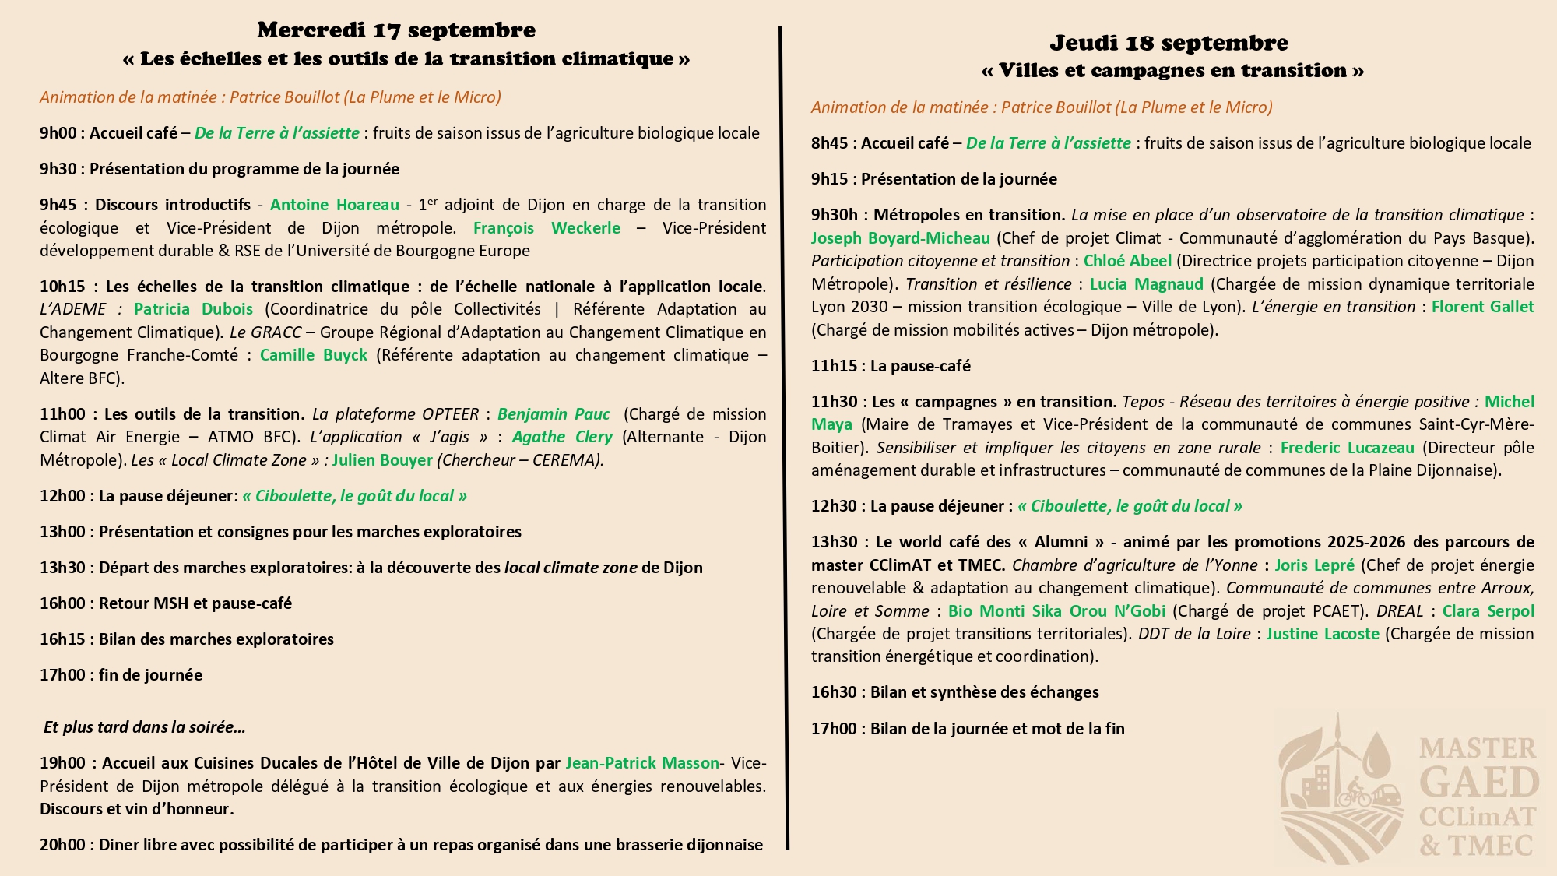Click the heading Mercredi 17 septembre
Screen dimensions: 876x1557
[x=396, y=30]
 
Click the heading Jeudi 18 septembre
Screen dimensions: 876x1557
[x=1169, y=43]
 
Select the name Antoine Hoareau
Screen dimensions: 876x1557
[x=334, y=205]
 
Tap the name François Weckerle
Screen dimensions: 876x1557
[x=547, y=228]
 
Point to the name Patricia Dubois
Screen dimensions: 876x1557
[x=193, y=309]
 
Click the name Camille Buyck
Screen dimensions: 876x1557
[x=313, y=355]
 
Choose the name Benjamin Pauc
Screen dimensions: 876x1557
[x=554, y=414]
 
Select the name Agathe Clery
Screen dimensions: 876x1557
[x=561, y=437]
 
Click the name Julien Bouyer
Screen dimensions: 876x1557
[x=382, y=460]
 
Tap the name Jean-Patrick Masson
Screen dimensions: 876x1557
[x=642, y=763]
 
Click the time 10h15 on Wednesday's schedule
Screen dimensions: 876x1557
[x=62, y=287]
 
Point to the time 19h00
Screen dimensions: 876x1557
[x=62, y=763]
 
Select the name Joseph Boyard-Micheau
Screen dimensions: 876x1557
[x=900, y=238]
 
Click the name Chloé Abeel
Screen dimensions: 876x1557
[x=1126, y=261]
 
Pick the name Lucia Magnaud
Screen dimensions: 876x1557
[x=1146, y=284]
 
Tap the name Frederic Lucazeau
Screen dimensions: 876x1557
[x=1347, y=448]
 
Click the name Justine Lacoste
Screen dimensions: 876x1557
[x=1322, y=634]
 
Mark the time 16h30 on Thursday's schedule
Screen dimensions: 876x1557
[x=834, y=692]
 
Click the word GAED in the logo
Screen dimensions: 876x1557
[x=1478, y=783]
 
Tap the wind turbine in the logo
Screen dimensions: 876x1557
[x=1337, y=748]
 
